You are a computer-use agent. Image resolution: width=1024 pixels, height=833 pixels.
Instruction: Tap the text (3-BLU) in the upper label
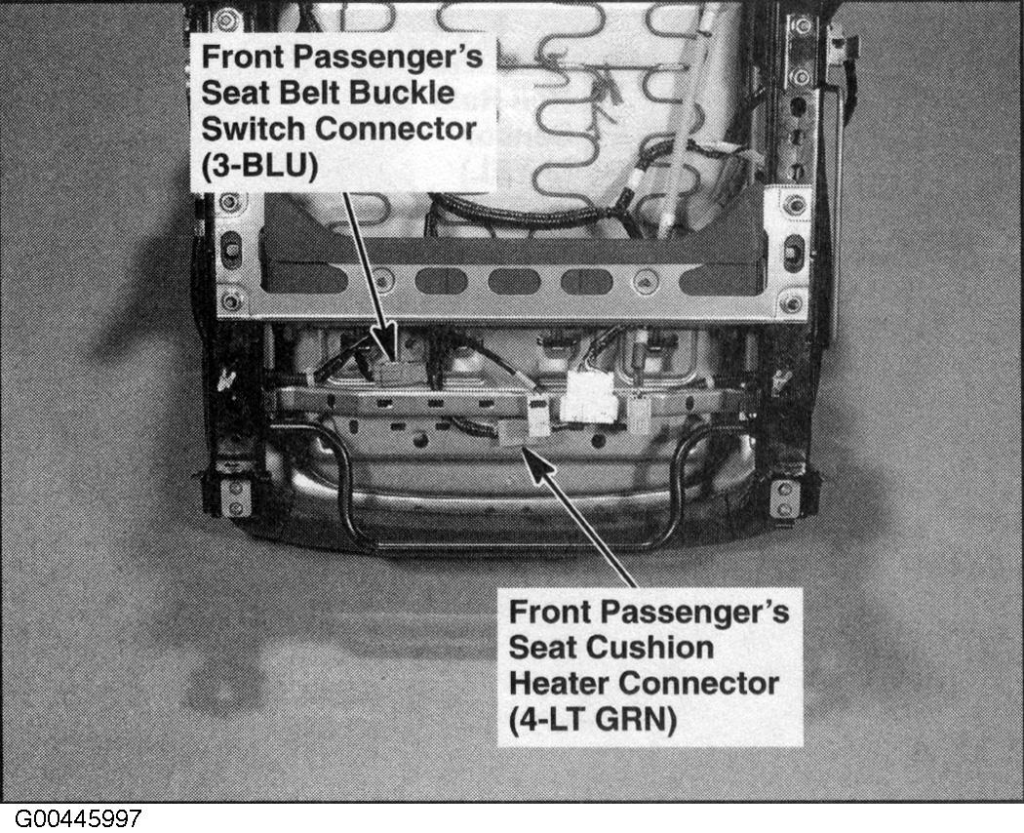click(259, 167)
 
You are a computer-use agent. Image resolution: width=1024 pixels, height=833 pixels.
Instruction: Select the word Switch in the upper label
click(254, 129)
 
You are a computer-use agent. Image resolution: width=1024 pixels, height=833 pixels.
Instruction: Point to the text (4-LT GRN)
click(592, 720)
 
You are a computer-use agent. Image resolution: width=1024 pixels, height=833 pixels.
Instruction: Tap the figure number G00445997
click(78, 818)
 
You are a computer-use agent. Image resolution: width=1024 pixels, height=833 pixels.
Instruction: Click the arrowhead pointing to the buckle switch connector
click(386, 339)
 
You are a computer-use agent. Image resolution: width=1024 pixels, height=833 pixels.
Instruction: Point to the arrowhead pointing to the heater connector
click(537, 466)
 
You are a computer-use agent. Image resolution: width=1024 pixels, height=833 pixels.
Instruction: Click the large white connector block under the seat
click(590, 397)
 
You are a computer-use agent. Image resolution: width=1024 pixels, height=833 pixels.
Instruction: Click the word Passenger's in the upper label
click(388, 58)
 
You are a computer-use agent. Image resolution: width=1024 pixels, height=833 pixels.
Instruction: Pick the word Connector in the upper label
click(396, 129)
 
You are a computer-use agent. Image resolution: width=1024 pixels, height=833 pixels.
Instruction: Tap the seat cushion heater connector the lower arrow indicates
click(517, 433)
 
